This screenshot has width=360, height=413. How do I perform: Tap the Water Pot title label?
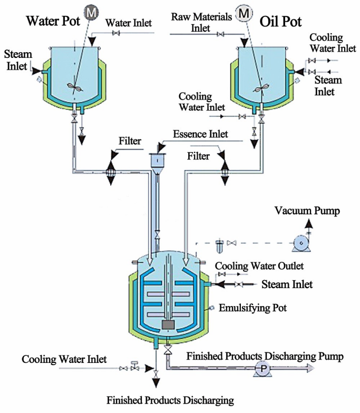(54, 22)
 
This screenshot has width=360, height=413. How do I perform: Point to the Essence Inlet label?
(200, 134)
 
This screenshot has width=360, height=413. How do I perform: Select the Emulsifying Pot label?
(252, 308)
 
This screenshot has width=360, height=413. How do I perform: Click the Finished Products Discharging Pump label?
(265, 357)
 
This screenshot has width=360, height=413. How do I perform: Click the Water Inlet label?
(129, 23)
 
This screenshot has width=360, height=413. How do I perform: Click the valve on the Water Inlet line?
(115, 34)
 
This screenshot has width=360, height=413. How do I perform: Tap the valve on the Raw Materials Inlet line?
(221, 35)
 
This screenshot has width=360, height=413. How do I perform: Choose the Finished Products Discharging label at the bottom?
(170, 400)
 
